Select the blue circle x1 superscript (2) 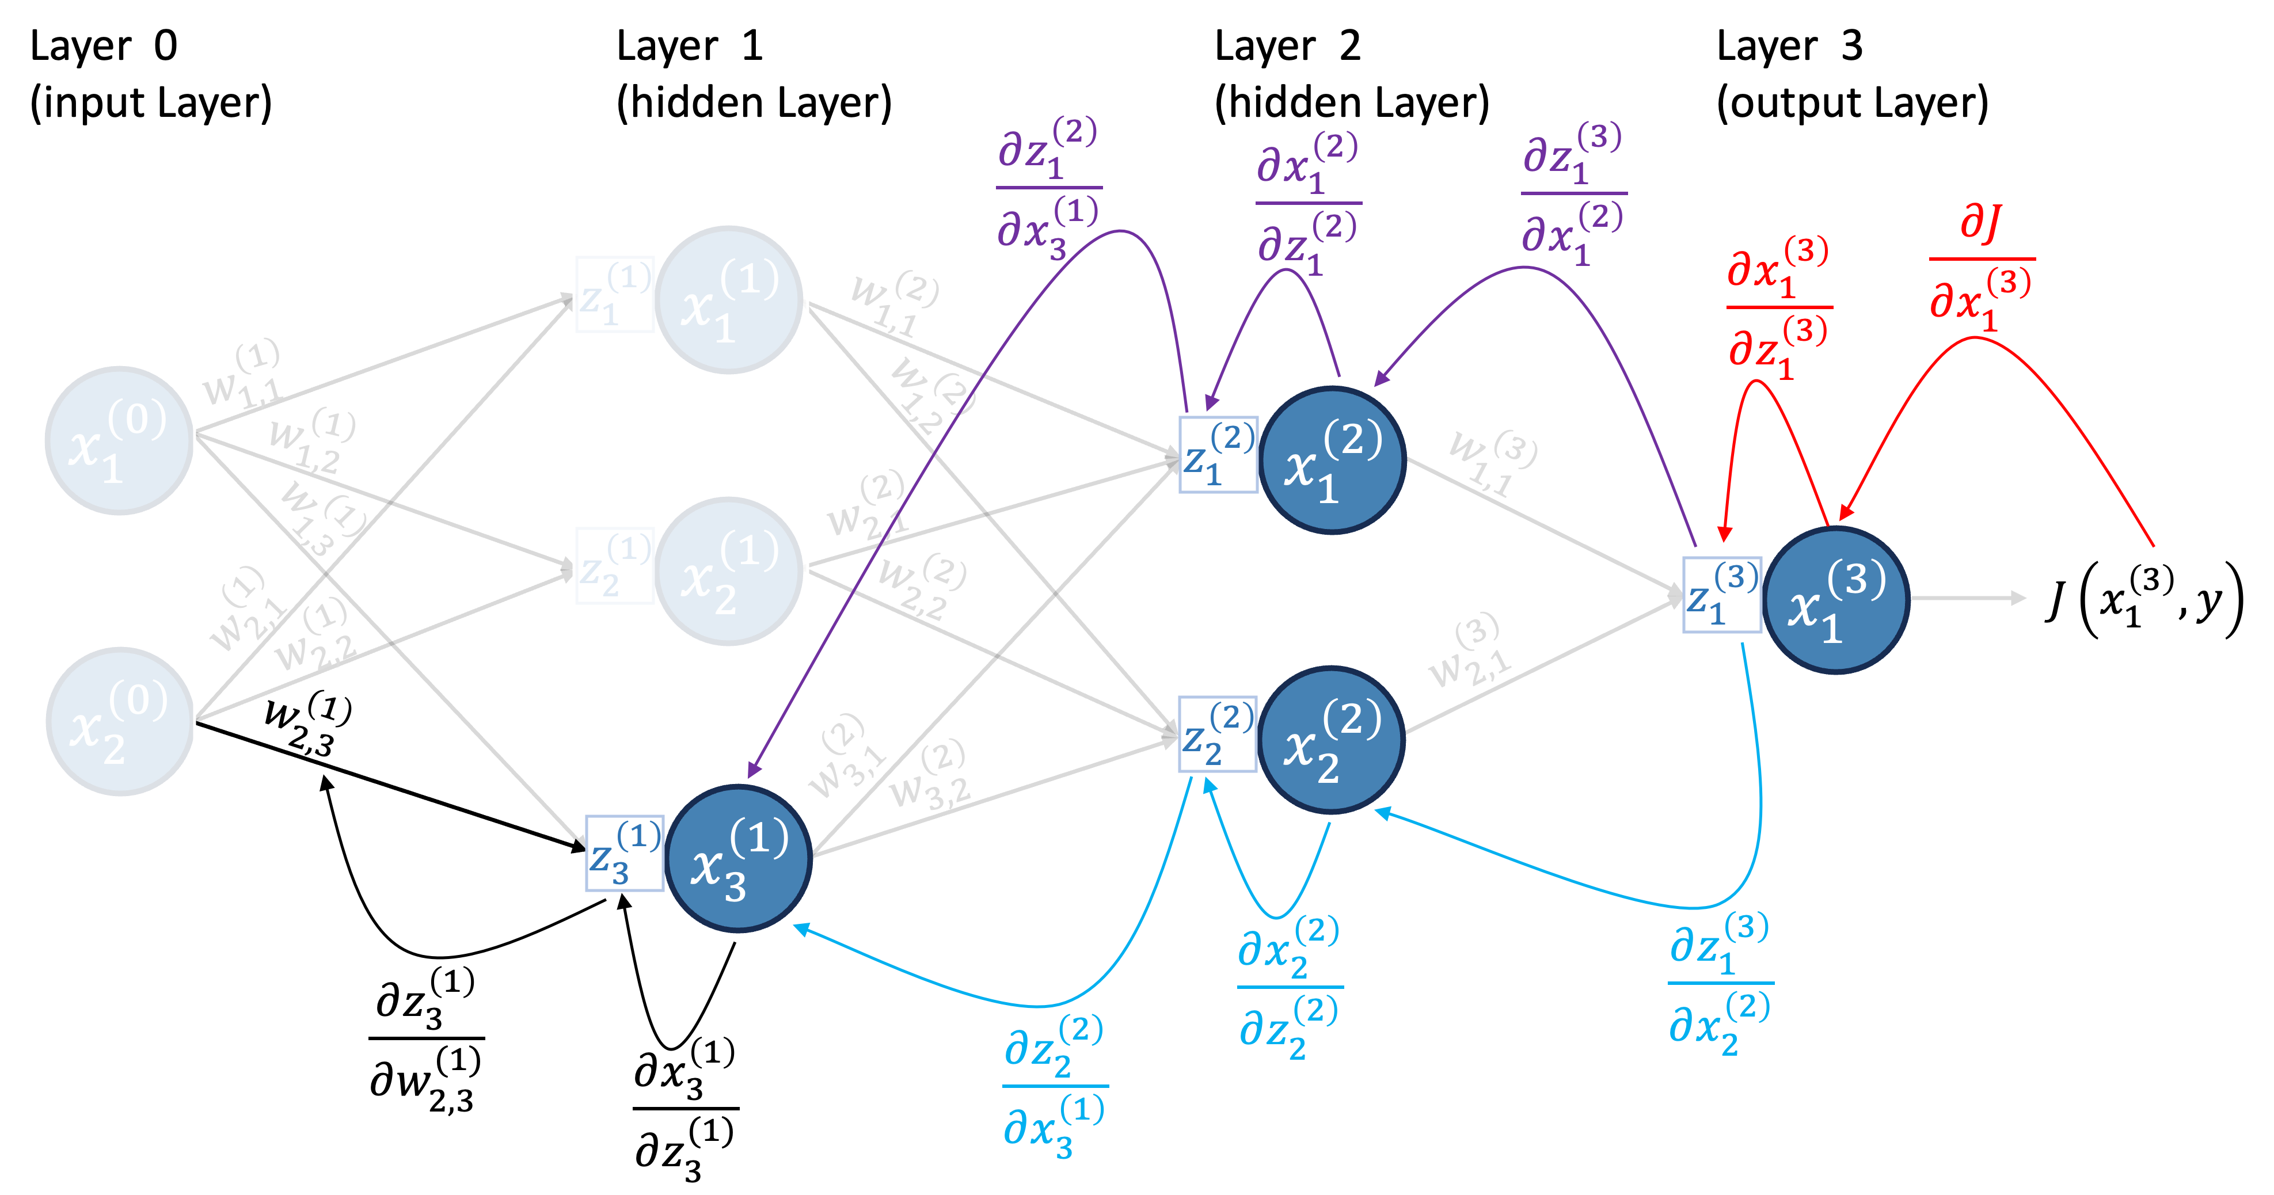click(1333, 460)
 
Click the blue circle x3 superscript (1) click(739, 858)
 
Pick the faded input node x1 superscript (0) click(119, 440)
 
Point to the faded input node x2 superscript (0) click(119, 721)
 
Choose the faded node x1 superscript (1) click(728, 300)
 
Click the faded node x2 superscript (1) click(728, 571)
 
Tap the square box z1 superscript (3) click(1721, 595)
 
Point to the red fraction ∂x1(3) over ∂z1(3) click(1778, 307)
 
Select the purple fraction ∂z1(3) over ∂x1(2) click(1573, 193)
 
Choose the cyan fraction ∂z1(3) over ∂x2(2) click(1720, 982)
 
